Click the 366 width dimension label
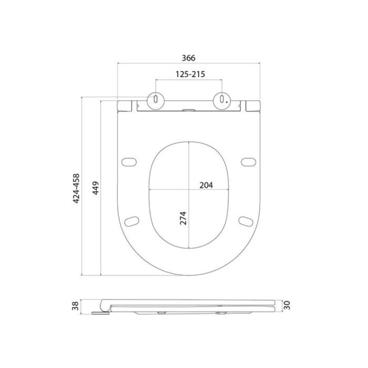click(188, 58)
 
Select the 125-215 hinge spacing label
click(190, 74)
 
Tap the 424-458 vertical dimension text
click(76, 188)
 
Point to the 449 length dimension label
click(95, 188)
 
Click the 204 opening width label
click(206, 185)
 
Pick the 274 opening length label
click(183, 218)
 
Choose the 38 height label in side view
click(76, 306)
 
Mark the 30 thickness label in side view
click(287, 305)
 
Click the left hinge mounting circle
click(156, 101)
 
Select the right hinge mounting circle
click(222, 101)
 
